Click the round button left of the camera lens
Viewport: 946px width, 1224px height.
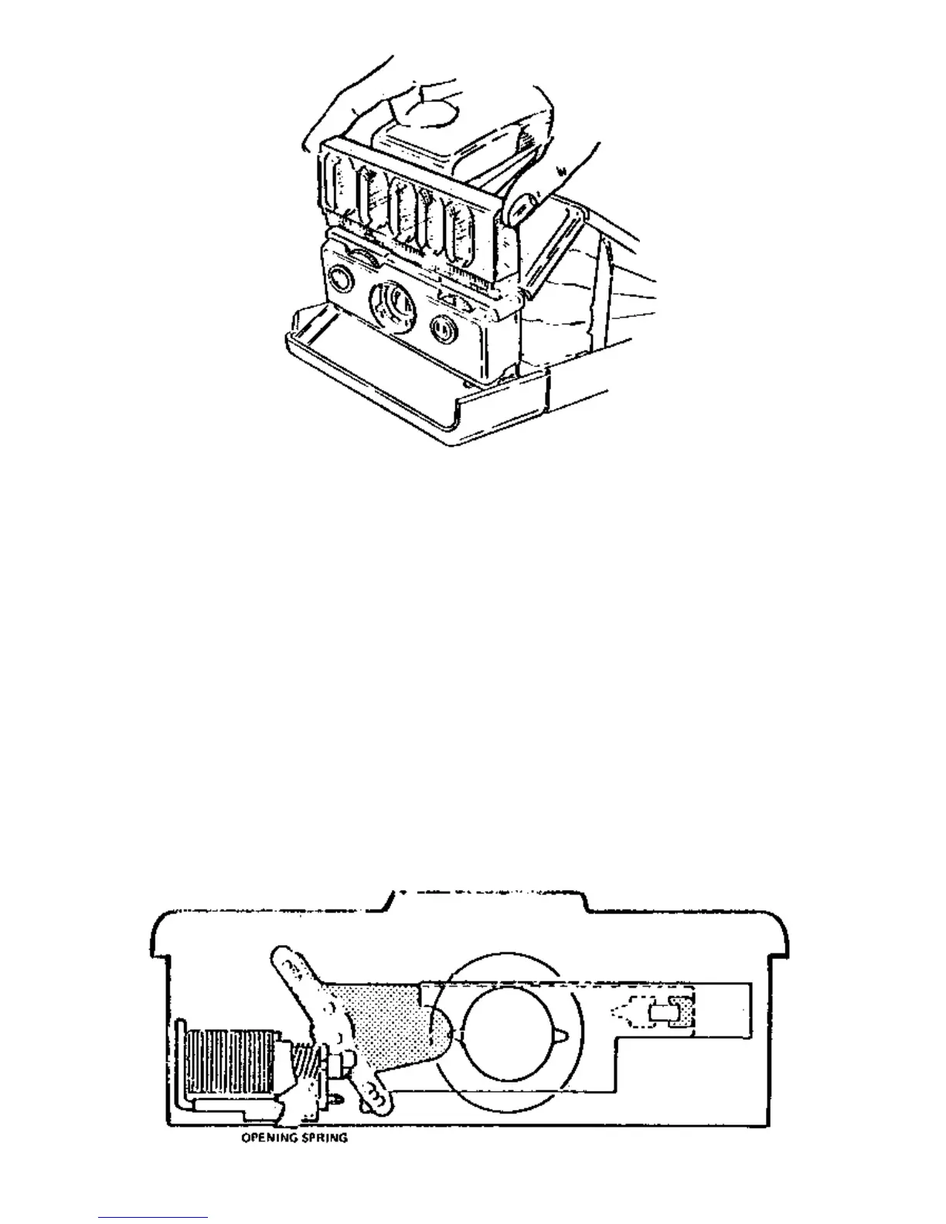(338, 277)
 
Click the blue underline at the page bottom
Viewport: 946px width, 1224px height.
(153, 1217)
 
